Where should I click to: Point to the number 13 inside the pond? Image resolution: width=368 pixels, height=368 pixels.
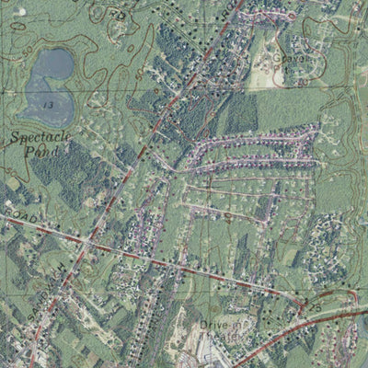[x=46, y=107]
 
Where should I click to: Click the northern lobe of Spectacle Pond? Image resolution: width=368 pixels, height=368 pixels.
[x=55, y=64]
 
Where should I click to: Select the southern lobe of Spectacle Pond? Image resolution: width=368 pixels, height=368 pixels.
[x=41, y=97]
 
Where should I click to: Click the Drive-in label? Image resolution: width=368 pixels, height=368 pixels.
[x=219, y=325]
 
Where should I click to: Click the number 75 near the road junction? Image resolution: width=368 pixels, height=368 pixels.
[x=314, y=303]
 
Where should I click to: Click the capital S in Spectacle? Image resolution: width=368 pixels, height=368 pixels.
[x=16, y=139]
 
